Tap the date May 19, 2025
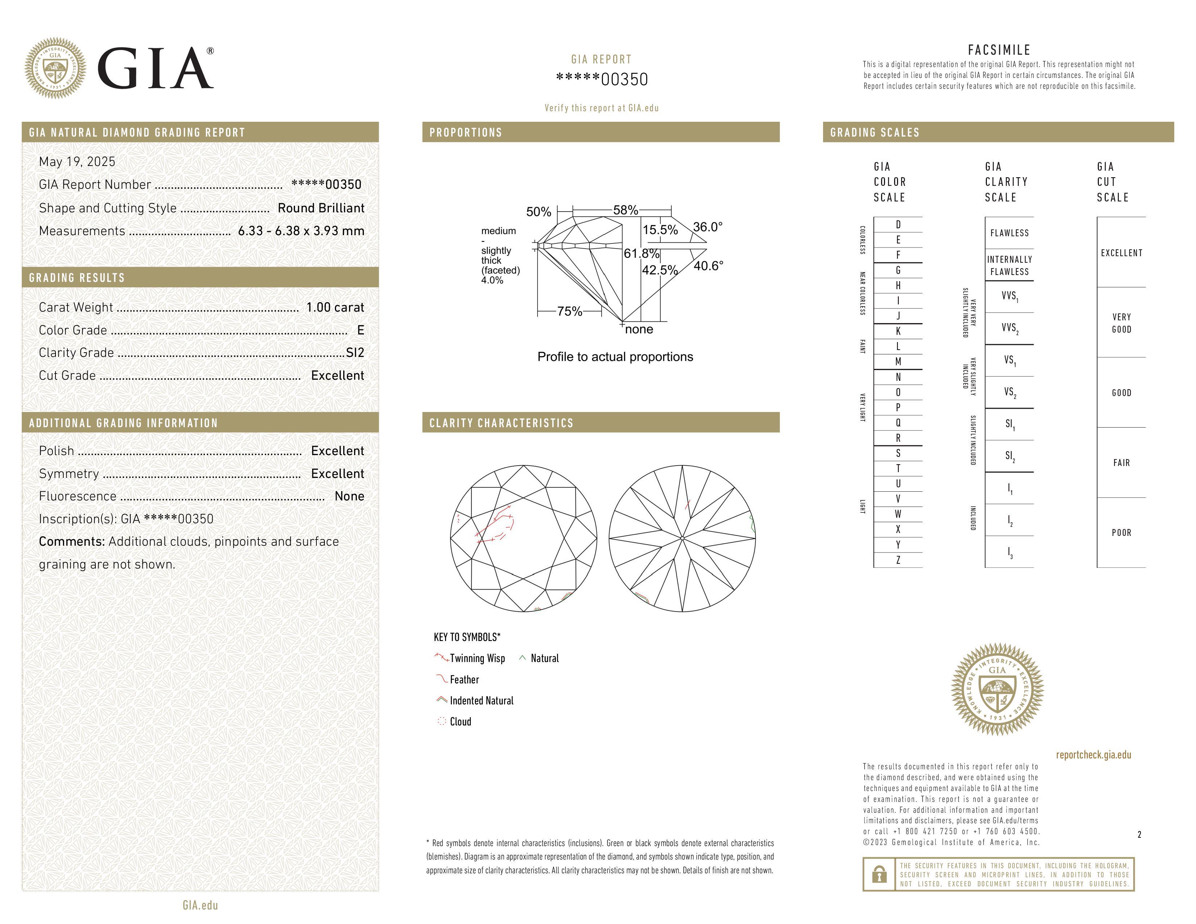tap(77, 162)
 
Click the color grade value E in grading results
tap(360, 330)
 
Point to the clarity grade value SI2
tap(355, 353)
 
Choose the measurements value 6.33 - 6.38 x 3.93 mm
tap(301, 231)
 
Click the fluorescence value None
tap(349, 496)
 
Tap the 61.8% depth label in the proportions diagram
tap(641, 253)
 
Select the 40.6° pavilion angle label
tap(708, 266)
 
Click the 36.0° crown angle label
tap(707, 226)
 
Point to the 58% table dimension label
tap(626, 210)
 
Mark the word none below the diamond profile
tap(639, 329)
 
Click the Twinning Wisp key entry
tap(477, 658)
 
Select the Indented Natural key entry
tap(481, 701)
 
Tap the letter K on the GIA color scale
tap(898, 331)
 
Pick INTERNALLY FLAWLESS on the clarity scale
tap(1009, 266)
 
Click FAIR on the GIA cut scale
tap(1121, 463)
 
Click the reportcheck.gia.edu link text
tap(1093, 755)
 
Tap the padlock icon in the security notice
tap(879, 874)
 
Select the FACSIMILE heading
tap(999, 50)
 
